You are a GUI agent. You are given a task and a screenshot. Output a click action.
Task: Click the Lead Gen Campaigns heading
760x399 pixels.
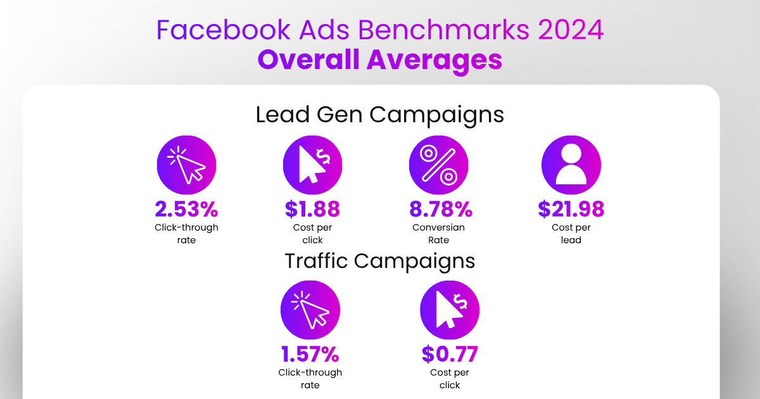click(x=380, y=115)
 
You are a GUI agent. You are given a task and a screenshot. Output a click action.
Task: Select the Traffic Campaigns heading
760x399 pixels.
click(x=380, y=261)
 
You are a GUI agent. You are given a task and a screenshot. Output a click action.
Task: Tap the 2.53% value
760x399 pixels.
click(x=186, y=209)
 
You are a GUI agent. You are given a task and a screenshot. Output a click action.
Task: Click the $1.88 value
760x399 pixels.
click(x=312, y=209)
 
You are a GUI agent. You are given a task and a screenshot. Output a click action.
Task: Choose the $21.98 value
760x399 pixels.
click(x=571, y=209)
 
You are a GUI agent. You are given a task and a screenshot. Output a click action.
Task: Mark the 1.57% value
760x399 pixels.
click(x=310, y=354)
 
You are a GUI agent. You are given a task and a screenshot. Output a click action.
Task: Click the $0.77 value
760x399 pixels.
click(x=450, y=354)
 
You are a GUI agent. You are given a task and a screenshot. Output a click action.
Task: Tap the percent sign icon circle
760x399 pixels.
click(x=439, y=165)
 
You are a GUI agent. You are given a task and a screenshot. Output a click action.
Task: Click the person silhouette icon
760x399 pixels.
click(x=571, y=165)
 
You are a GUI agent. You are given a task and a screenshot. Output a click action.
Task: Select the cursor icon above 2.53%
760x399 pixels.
click(x=186, y=165)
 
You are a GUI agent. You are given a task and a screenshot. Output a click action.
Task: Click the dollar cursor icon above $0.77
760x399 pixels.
click(x=450, y=310)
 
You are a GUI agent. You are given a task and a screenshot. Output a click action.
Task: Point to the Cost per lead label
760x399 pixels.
click(x=571, y=234)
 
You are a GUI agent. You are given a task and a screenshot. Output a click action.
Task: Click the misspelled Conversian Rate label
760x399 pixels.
click(x=439, y=234)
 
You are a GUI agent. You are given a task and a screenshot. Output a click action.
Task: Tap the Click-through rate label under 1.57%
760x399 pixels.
click(x=310, y=379)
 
